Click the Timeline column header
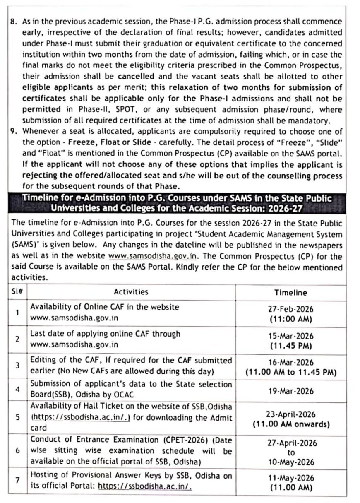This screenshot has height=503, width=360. coord(290,292)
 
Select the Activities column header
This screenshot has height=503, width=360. coord(131,292)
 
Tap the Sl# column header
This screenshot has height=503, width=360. coord(17,291)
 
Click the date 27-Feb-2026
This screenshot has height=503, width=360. coord(290,309)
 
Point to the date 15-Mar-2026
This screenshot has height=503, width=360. coord(290,336)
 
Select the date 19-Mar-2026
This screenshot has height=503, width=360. coord(290,391)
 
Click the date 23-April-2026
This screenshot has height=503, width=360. coord(290,414)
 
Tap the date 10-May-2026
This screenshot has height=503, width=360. coord(290,462)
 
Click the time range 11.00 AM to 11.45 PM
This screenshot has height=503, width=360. coord(290,372)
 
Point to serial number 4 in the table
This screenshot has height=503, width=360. coord(17,390)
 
